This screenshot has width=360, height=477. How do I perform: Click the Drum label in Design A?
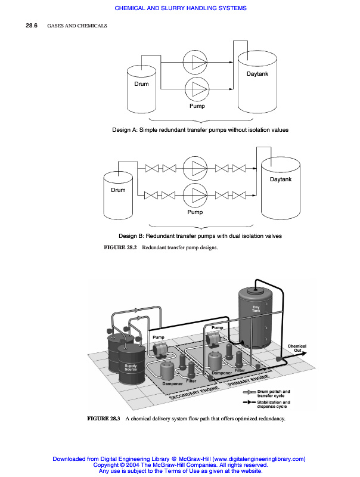pyautogui.click(x=141, y=84)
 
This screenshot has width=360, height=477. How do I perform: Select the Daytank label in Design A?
pyautogui.click(x=257, y=73)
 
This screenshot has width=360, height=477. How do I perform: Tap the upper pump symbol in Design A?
pyautogui.click(x=197, y=61)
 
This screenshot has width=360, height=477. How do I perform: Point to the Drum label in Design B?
pyautogui.click(x=118, y=190)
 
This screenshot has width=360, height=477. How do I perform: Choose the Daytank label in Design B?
pyautogui.click(x=280, y=179)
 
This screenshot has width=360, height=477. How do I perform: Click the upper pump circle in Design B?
pyautogui.click(x=195, y=168)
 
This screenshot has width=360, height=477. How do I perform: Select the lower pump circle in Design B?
pyautogui.click(x=195, y=194)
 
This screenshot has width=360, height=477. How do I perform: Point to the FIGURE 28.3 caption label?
pyautogui.click(x=104, y=418)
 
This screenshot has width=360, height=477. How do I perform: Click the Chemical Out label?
pyautogui.click(x=297, y=348)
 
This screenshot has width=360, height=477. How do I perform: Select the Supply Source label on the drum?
pyautogui.click(x=130, y=367)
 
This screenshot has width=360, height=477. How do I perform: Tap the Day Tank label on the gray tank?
pyautogui.click(x=256, y=309)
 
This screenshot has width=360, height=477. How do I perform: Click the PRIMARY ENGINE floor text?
pyautogui.click(x=250, y=383)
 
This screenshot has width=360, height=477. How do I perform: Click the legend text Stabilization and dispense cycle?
pyautogui.click(x=274, y=404)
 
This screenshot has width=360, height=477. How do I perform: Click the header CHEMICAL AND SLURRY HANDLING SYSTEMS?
pyautogui.click(x=180, y=8)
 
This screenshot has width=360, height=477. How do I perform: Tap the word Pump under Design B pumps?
pyautogui.click(x=195, y=212)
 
